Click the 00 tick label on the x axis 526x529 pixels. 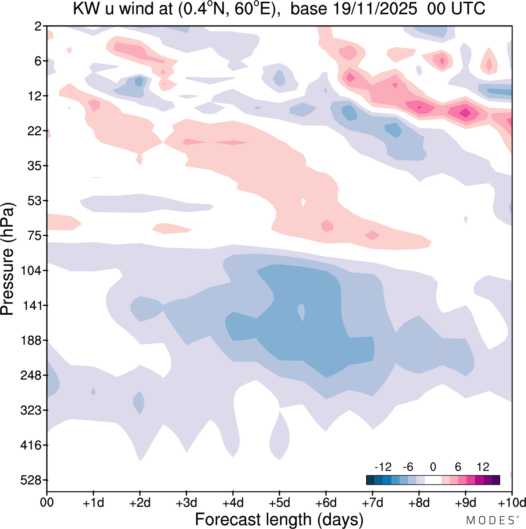tap(47, 503)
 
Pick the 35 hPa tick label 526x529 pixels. tap(35, 166)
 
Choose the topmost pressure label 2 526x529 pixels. tap(38, 26)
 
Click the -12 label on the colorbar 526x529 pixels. tap(383, 467)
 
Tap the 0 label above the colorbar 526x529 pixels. tap(433, 467)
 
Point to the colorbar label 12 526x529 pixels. tap(483, 467)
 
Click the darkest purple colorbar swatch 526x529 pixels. tap(496, 480)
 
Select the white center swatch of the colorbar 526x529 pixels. tap(433, 480)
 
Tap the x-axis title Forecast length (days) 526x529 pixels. tap(279, 520)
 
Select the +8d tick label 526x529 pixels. tap(419, 503)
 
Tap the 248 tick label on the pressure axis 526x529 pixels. tap(32, 376)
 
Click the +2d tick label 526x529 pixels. tap(140, 503)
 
